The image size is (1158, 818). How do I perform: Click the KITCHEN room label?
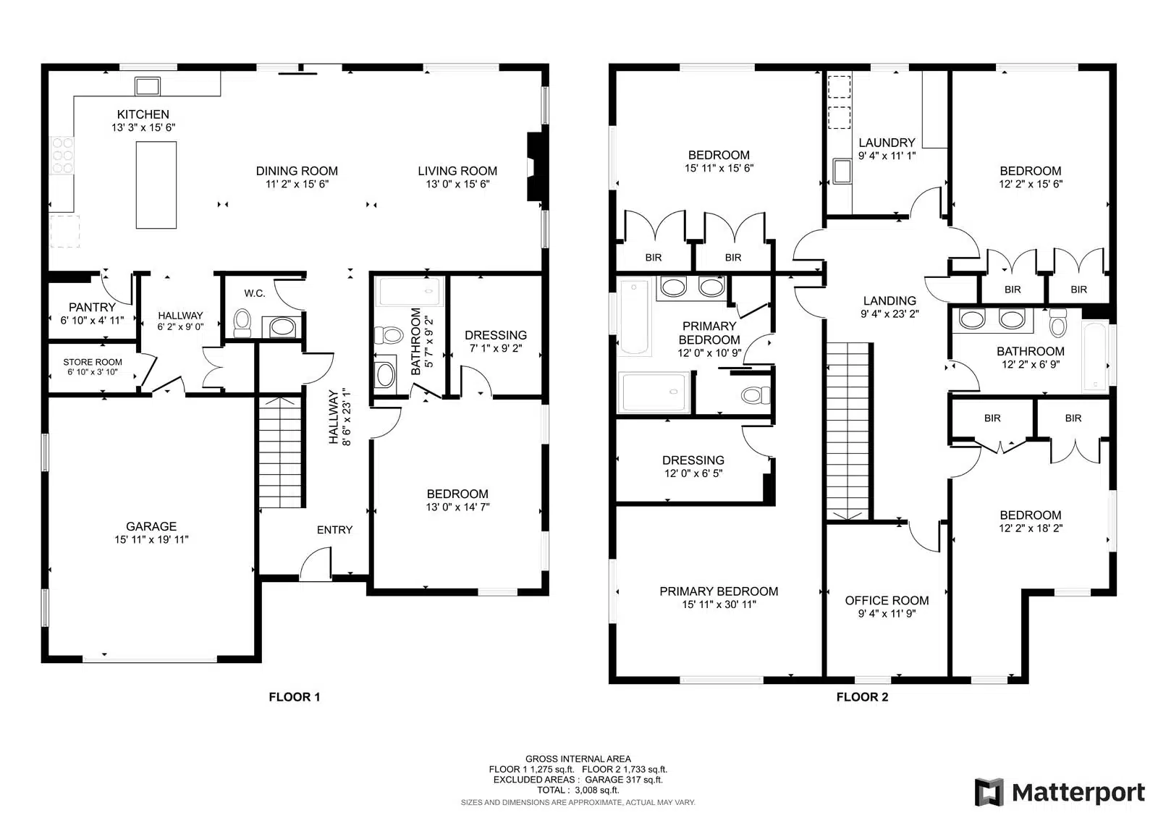point(143,114)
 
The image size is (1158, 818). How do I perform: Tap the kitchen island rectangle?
point(156,185)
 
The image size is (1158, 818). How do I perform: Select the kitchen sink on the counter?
point(148,86)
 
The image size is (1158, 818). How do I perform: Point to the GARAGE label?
point(151,526)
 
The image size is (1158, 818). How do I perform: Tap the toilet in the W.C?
point(242,323)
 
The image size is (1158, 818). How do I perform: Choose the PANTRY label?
point(92,307)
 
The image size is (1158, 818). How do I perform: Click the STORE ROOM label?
point(93,362)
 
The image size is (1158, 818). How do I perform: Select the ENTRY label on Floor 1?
point(334,529)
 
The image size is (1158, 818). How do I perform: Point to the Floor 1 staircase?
point(279,452)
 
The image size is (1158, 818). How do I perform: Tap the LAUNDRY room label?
point(887,142)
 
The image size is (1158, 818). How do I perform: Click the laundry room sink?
point(842,172)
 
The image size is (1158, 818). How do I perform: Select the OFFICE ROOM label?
point(887,600)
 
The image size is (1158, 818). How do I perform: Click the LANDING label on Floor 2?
point(889,300)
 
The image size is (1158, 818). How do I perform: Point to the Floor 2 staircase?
point(848,431)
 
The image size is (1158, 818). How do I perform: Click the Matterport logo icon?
point(989,792)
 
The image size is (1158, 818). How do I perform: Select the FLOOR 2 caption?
point(862,697)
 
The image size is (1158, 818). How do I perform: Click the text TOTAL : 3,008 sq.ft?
point(578,790)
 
